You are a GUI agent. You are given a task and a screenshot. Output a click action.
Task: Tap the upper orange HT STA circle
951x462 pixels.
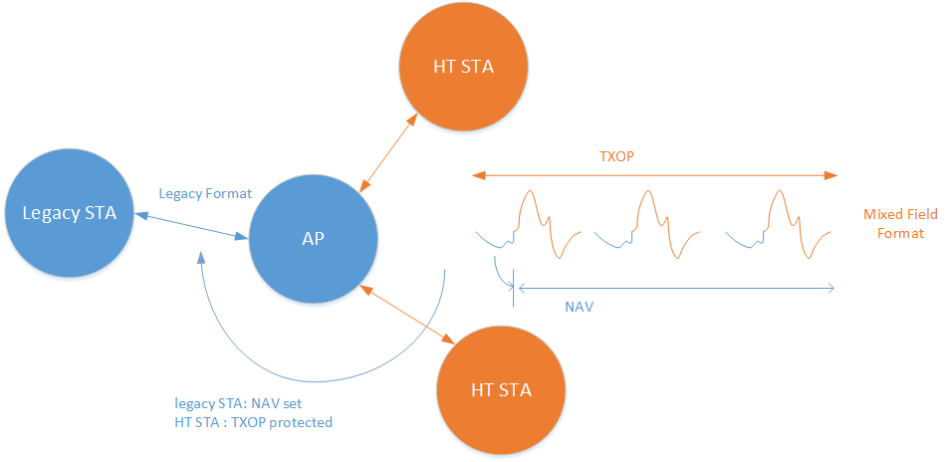[x=463, y=68]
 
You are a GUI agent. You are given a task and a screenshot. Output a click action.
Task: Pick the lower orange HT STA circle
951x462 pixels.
[x=501, y=389]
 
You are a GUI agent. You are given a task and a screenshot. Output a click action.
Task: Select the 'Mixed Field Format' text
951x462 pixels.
[x=900, y=224]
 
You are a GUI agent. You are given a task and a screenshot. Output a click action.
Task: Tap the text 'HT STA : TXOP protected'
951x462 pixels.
[x=253, y=422]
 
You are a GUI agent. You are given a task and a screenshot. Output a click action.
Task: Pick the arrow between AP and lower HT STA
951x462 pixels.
[x=408, y=314]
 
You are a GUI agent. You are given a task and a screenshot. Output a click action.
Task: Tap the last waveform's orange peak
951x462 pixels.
[x=778, y=195]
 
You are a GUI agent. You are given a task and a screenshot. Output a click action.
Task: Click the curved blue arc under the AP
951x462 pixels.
[x=319, y=378]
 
